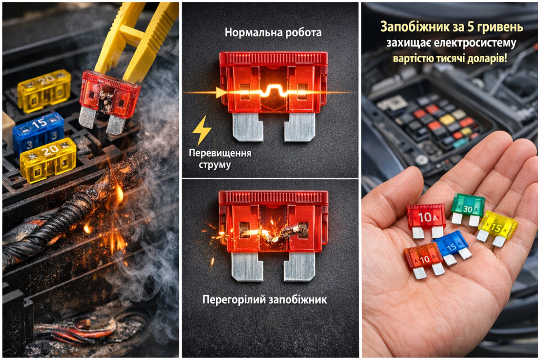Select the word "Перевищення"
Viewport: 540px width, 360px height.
point(220,153)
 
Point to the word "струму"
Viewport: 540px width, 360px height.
point(215,165)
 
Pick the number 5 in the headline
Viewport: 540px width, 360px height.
point(470,26)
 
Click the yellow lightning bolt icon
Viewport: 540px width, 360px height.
point(201,130)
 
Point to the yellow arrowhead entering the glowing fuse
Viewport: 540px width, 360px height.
point(220,93)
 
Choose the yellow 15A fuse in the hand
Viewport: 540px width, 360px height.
point(497,227)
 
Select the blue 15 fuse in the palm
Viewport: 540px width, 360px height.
point(452,247)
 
